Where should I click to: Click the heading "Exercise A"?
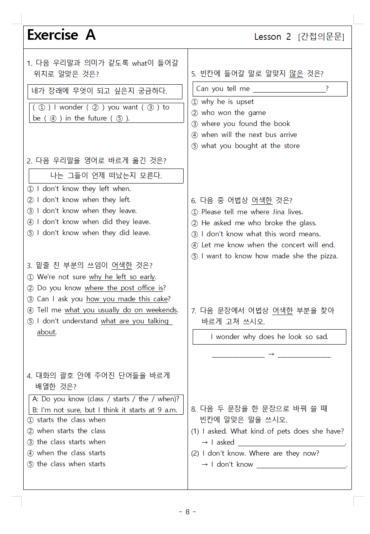pyautogui.click(x=61, y=35)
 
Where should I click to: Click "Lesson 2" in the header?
pyautogui.click(x=272, y=37)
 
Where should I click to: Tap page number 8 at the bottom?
pyautogui.click(x=188, y=512)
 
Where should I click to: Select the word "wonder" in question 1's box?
pyautogui.click(x=71, y=107)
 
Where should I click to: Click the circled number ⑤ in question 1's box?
pyautogui.click(x=119, y=118)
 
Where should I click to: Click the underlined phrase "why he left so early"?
pyautogui.click(x=122, y=277)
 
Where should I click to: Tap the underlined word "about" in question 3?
pyautogui.click(x=46, y=332)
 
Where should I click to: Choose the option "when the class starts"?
pyautogui.click(x=71, y=453)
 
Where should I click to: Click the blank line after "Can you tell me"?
pyautogui.click(x=289, y=89)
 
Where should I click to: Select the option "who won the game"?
pyautogui.click(x=233, y=113)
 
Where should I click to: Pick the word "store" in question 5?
pyautogui.click(x=292, y=146)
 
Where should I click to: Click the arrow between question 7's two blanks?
pyautogui.click(x=271, y=354)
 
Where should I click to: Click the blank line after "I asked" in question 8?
pyautogui.click(x=291, y=443)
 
